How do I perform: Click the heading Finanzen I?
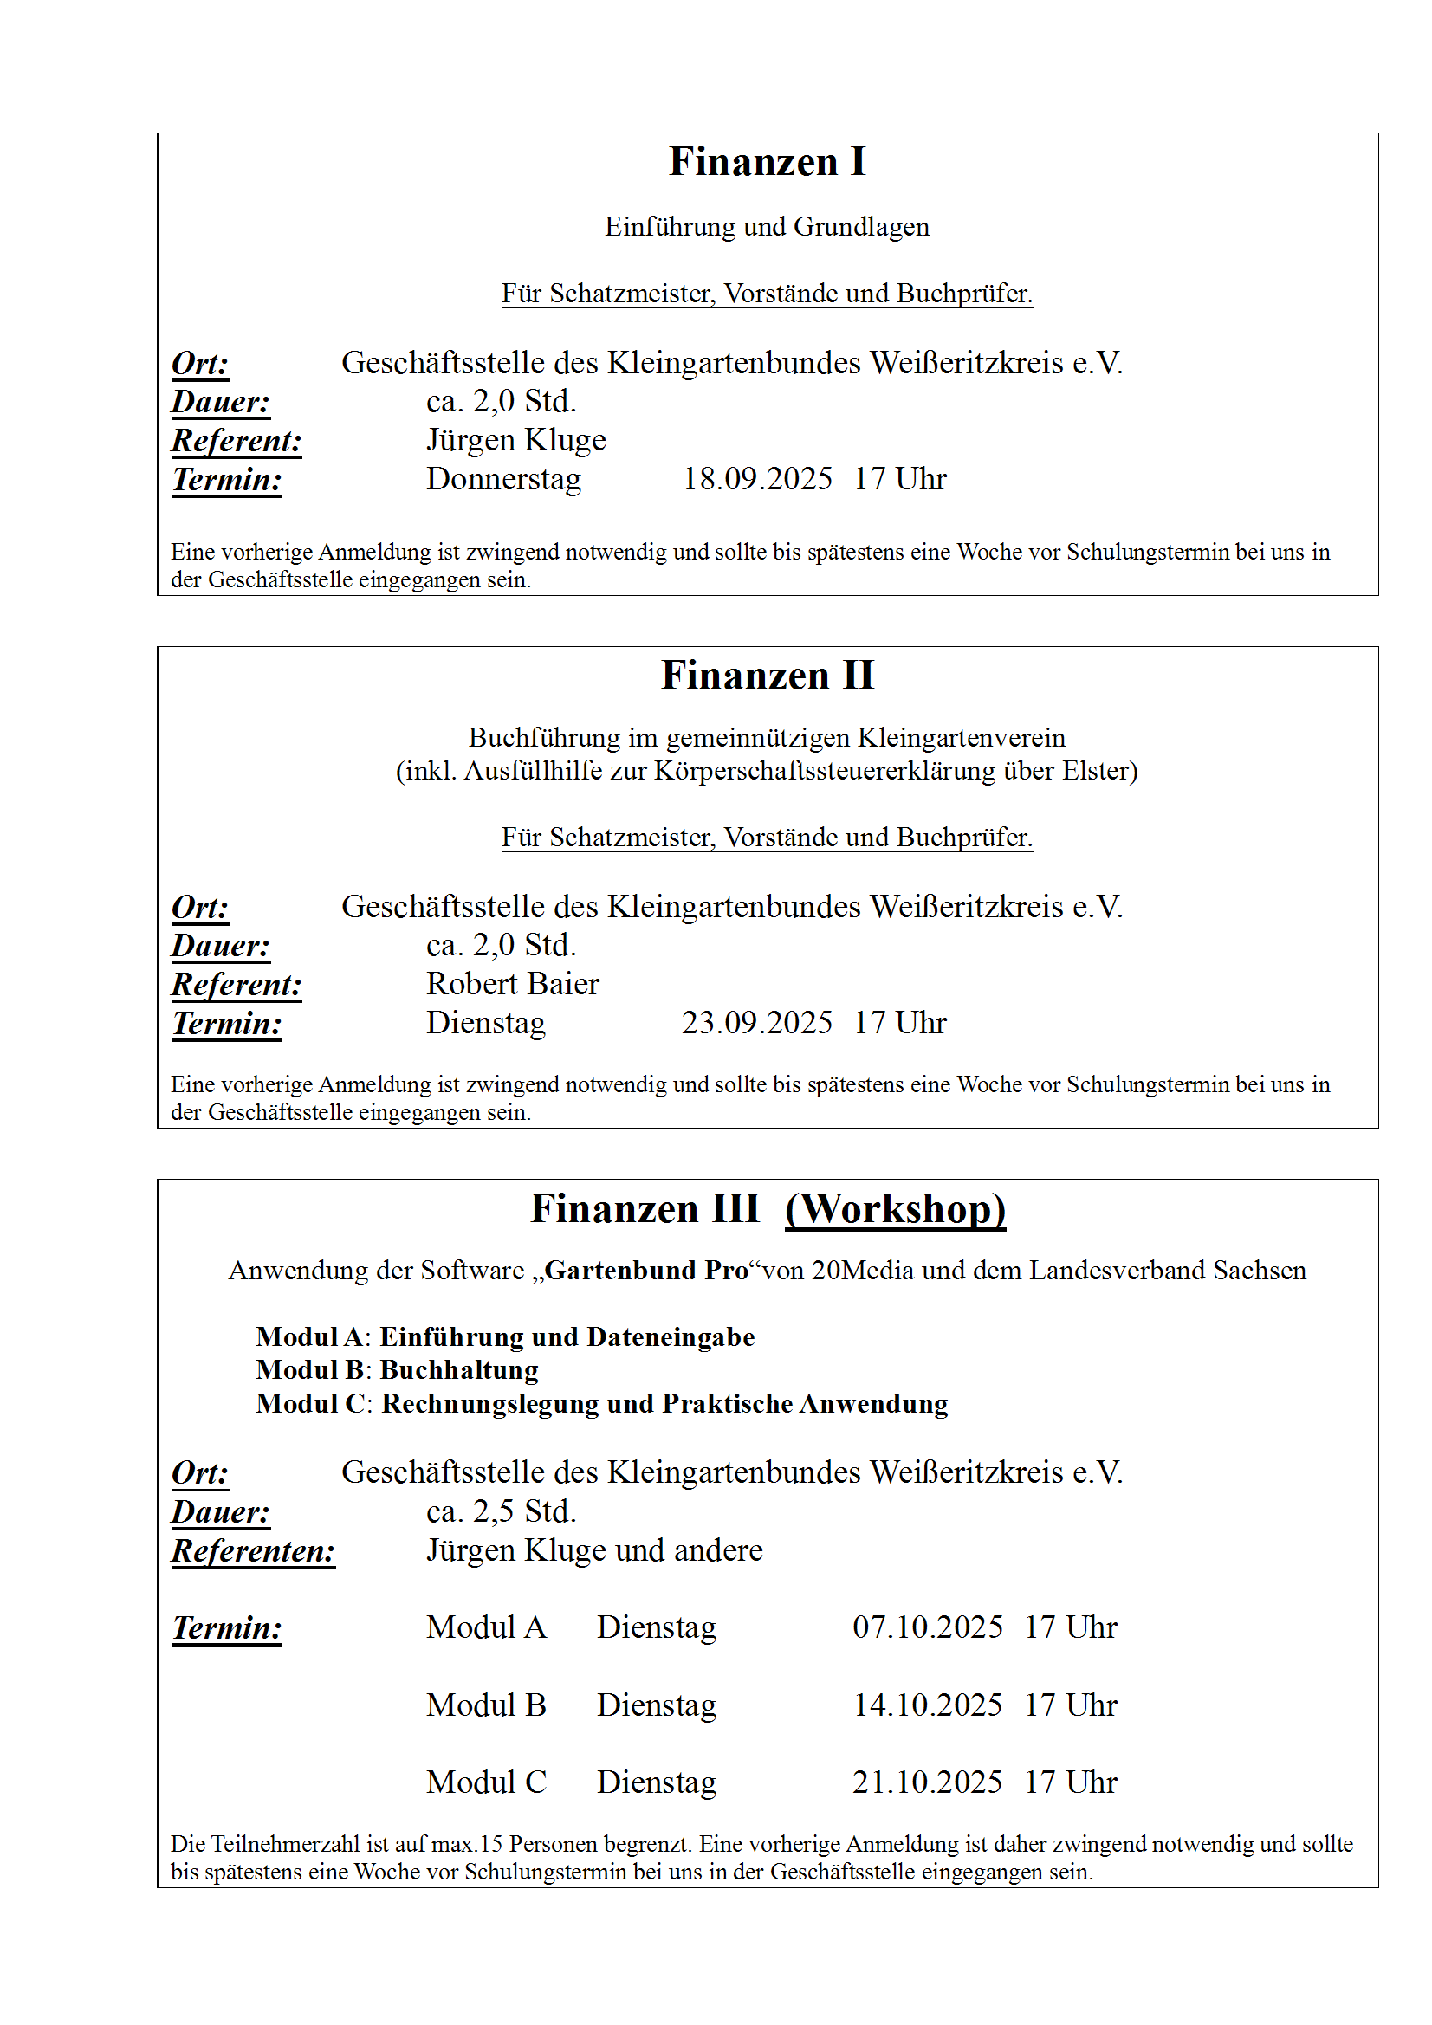(767, 162)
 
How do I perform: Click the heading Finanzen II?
(767, 676)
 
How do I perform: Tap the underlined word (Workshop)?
(895, 1209)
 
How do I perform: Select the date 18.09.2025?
(757, 479)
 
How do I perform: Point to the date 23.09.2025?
(756, 1023)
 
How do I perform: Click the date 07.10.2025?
(927, 1627)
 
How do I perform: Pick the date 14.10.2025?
(927, 1705)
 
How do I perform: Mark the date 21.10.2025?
(927, 1782)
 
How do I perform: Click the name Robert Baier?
(513, 984)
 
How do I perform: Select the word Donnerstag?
(504, 479)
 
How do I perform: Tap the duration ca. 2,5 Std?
(501, 1511)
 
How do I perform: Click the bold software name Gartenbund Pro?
(647, 1271)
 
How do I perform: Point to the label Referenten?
(253, 1550)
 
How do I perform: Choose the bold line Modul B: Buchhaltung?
(397, 1370)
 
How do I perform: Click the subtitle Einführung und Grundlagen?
(767, 227)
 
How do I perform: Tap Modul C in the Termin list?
(486, 1782)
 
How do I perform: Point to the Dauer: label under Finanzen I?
(221, 402)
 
